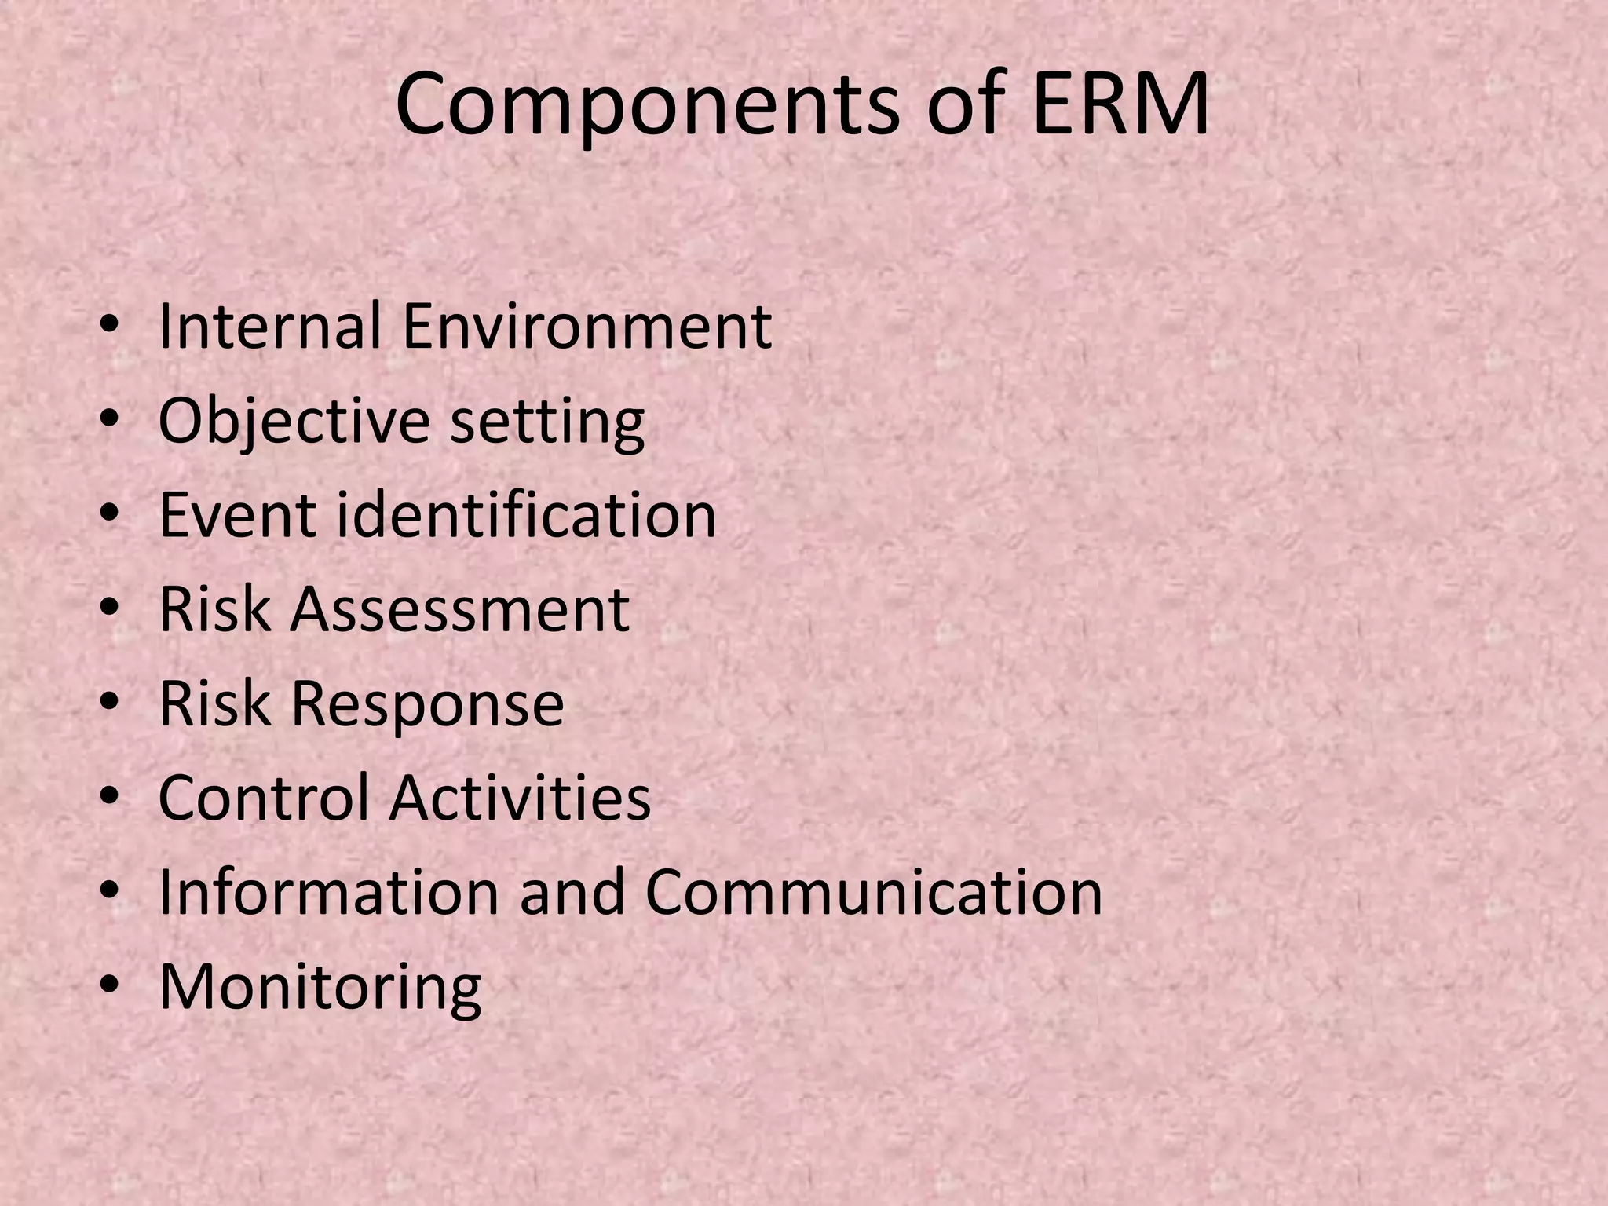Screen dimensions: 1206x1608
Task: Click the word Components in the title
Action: (x=647, y=106)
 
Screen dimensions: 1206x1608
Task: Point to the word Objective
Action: (x=294, y=421)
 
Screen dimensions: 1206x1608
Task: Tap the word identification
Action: (x=526, y=515)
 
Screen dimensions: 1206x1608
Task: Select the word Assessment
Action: (x=459, y=609)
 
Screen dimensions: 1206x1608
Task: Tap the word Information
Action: (x=329, y=892)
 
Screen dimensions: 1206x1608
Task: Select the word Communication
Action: (x=874, y=892)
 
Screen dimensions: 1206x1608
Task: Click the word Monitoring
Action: (x=320, y=988)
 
